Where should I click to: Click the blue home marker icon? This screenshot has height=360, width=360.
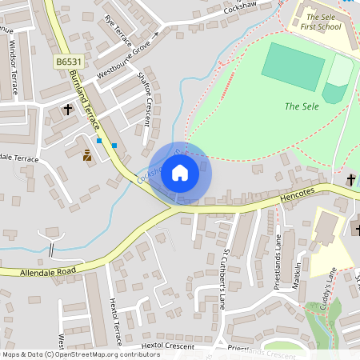point(180,172)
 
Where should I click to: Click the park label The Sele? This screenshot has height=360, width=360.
point(301,106)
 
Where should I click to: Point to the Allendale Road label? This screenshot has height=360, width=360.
point(38,272)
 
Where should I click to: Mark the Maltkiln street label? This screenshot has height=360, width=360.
point(297,276)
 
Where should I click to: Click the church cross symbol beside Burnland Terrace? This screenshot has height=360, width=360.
point(68,108)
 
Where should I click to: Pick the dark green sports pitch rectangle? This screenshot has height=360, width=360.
point(293,66)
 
